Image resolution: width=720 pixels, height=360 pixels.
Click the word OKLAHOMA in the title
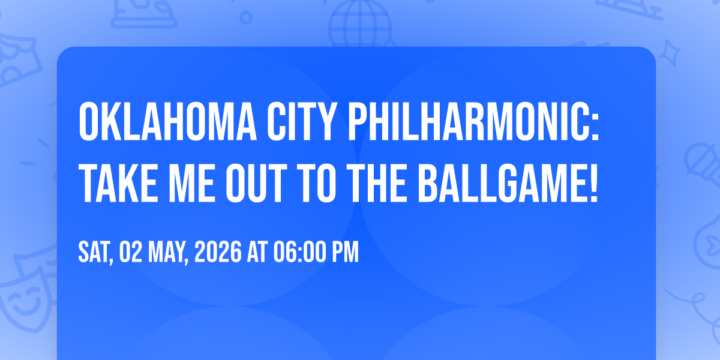click(x=167, y=121)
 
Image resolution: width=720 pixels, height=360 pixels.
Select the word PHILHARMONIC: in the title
click(x=474, y=121)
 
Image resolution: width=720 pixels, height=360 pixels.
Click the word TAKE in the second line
click(x=118, y=184)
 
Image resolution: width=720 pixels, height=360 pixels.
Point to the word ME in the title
click(x=191, y=184)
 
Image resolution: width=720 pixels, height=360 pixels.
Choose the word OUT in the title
click(x=256, y=184)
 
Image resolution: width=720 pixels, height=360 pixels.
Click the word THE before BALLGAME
click(x=376, y=184)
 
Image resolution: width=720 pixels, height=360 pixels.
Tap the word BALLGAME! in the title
click(x=508, y=184)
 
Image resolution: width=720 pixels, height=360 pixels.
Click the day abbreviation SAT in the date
click(x=96, y=253)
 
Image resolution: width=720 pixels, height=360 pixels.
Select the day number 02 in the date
click(x=131, y=252)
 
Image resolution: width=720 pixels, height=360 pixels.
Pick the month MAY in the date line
click(x=168, y=253)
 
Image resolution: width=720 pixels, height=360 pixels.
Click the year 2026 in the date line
click(x=218, y=252)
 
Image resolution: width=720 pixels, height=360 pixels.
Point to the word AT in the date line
click(x=257, y=252)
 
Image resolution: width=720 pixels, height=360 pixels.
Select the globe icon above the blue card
click(x=360, y=24)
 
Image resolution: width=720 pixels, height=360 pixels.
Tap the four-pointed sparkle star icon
click(x=670, y=53)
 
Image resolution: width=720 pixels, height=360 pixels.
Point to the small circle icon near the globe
click(x=246, y=17)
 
